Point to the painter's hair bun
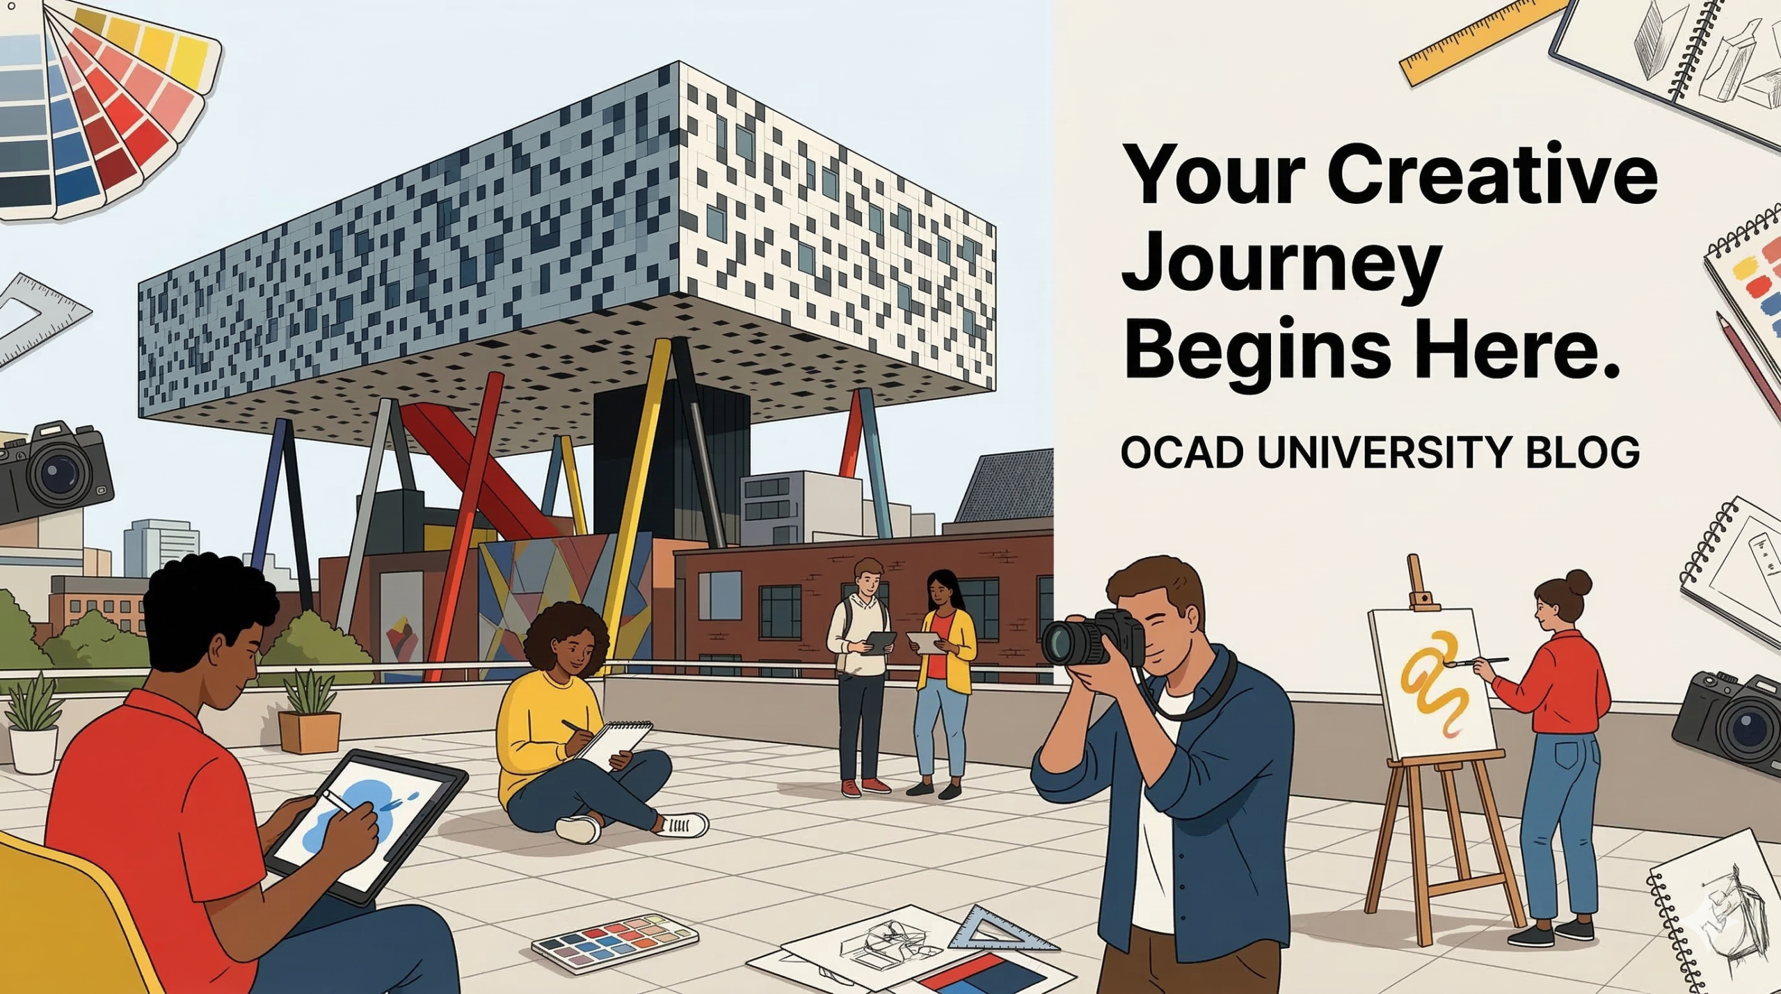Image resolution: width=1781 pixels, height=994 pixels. pyautogui.click(x=1579, y=583)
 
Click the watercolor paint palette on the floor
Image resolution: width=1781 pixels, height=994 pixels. pyautogui.click(x=614, y=940)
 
